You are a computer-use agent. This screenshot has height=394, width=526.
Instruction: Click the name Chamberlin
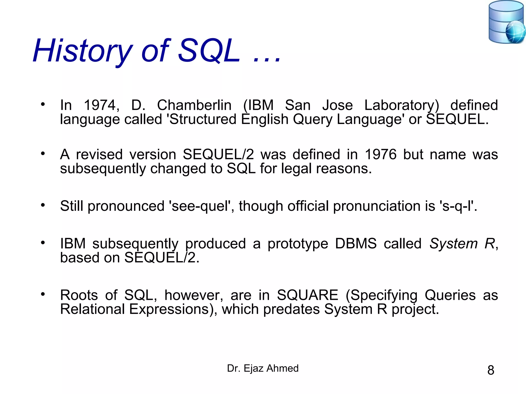pyautogui.click(x=194, y=105)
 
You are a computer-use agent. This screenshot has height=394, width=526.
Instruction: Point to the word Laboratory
pyautogui.click(x=402, y=105)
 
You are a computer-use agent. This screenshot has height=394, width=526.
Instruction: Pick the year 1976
pyautogui.click(x=381, y=154)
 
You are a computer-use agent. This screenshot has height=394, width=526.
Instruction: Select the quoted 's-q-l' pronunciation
pyautogui.click(x=456, y=206)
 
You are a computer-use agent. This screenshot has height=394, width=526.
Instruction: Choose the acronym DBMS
pyautogui.click(x=356, y=243)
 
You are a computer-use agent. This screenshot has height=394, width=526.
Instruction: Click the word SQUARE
pyautogui.click(x=307, y=295)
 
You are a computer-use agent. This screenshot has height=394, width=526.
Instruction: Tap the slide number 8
pyautogui.click(x=491, y=370)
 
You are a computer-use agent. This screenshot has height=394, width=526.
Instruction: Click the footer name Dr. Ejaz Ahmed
pyautogui.click(x=263, y=368)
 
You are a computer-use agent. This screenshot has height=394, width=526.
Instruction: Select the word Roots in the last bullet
pyautogui.click(x=79, y=295)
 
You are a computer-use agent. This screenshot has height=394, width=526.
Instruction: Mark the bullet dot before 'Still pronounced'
pyautogui.click(x=43, y=205)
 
